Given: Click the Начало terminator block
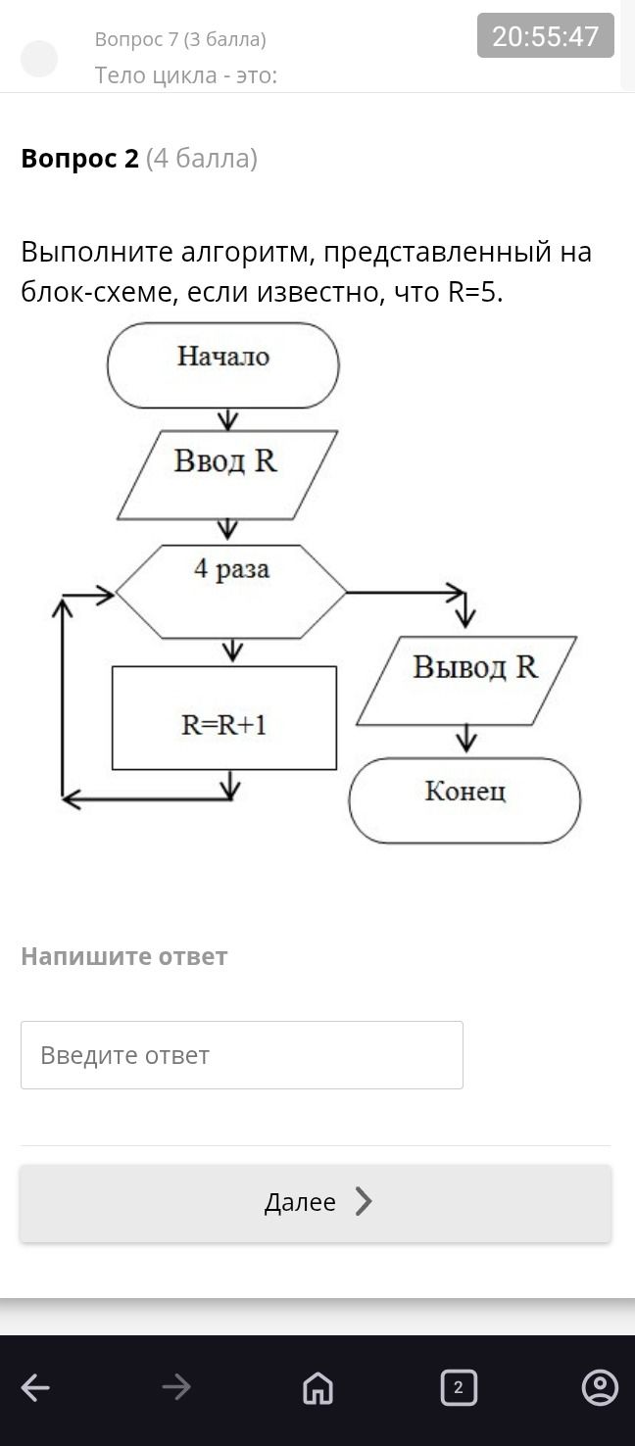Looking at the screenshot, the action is coord(222,365).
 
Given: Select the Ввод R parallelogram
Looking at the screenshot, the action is coord(226,474).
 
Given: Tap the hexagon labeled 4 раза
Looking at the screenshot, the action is coord(230,592).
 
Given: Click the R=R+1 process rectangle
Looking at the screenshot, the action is coord(224,718).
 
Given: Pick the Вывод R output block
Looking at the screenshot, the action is coord(465,681).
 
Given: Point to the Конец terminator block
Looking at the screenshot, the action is coord(464,800).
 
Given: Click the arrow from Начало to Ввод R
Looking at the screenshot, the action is coord(227,419).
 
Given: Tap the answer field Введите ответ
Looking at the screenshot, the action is coord(242,1055).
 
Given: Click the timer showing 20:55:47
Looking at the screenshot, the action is coord(545,35).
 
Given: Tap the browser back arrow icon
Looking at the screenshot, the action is coord(35,1386).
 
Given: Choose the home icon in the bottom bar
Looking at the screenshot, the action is coord(317,1387).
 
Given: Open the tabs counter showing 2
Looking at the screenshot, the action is coord(459,1387).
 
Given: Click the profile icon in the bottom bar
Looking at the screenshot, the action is coord(600,1386).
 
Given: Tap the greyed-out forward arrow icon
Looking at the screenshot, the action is coord(176,1386).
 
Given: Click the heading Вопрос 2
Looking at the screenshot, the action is coord(80,158).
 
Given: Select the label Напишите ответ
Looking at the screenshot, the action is coord(124,956).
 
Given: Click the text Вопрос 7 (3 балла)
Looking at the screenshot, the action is coord(180,39).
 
